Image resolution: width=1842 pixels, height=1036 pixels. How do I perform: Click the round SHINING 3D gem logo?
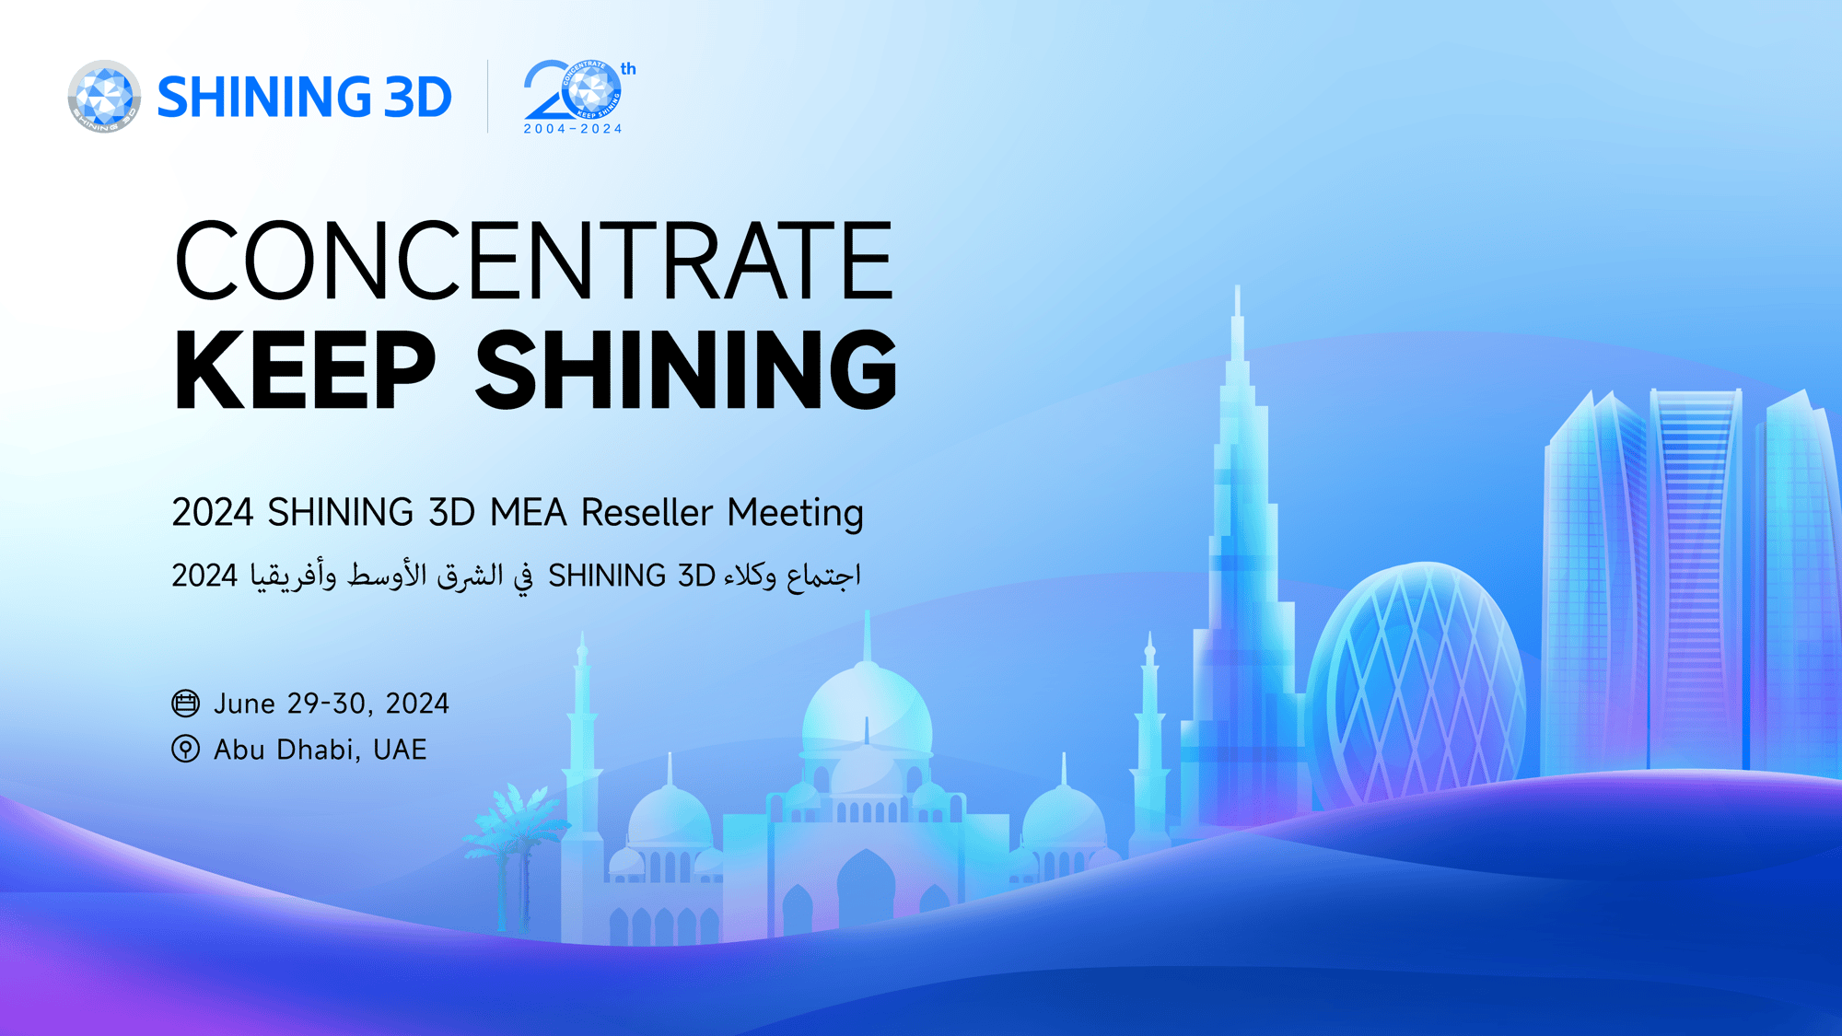point(104,97)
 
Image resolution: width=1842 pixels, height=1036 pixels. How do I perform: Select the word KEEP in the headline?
point(305,369)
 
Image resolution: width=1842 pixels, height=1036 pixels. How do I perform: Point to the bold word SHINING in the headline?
point(686,369)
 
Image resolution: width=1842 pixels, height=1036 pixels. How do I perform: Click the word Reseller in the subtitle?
point(647,513)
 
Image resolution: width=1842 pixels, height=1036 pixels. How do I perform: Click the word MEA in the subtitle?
point(529,513)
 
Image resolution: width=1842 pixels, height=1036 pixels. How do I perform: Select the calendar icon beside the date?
point(185,704)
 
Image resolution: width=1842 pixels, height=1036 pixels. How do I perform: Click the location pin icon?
point(185,749)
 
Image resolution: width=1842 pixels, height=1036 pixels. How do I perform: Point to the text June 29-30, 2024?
point(332,704)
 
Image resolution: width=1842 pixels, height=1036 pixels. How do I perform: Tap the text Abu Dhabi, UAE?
point(321,750)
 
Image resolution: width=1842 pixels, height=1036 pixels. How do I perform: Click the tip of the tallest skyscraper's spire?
point(1237,285)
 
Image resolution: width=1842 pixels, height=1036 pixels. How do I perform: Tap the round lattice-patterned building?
point(1416,681)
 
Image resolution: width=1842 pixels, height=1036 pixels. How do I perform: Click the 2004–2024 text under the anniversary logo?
point(573,129)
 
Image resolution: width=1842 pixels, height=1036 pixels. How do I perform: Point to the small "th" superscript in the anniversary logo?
point(628,69)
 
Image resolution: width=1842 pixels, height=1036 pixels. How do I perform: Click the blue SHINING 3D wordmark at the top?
point(305,98)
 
